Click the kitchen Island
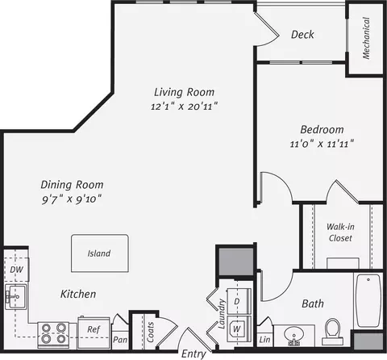click(100, 253)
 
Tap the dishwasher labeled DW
click(17, 270)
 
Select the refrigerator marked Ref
click(94, 333)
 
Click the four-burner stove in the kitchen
click(53, 335)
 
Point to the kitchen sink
click(16, 297)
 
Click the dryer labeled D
click(239, 301)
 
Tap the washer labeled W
click(239, 329)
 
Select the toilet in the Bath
click(333, 332)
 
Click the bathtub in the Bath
click(368, 300)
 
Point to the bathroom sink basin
click(294, 335)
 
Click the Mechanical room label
click(366, 38)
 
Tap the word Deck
click(302, 35)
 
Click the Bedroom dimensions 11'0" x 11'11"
click(322, 144)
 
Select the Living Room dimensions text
click(184, 107)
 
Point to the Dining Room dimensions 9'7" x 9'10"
click(72, 199)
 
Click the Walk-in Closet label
click(340, 232)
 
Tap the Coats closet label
click(150, 332)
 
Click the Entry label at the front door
click(193, 354)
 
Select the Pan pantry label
click(120, 340)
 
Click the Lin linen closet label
click(264, 340)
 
